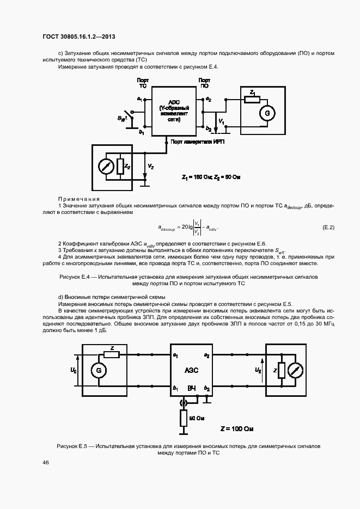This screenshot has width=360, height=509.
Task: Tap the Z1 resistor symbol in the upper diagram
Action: pyautogui.click(x=252, y=100)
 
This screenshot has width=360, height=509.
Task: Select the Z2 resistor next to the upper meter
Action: pyautogui.click(x=120, y=165)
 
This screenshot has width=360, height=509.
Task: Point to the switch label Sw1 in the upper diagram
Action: pyautogui.click(x=123, y=118)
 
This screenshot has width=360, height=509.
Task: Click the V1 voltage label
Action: pyautogui.click(x=221, y=120)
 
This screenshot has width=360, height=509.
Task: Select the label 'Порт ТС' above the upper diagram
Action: pyautogui.click(x=142, y=83)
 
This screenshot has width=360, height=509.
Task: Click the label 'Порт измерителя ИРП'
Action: pyautogui.click(x=197, y=142)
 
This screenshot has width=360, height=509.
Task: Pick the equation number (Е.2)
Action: pyautogui.click(x=328, y=226)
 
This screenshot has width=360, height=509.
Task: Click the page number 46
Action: pyautogui.click(x=45, y=462)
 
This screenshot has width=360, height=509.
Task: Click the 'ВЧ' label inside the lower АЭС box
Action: pyautogui.click(x=191, y=388)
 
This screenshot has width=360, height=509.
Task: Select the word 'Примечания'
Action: pyautogui.click(x=79, y=199)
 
